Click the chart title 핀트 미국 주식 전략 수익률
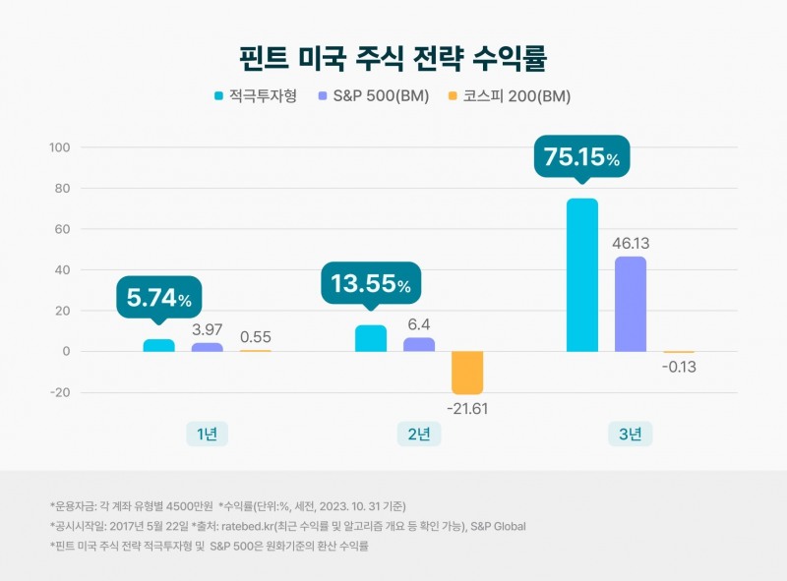coord(393,55)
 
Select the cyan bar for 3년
coord(582,274)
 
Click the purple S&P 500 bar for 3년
coord(631,304)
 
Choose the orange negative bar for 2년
coord(467,373)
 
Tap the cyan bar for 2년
coord(370,338)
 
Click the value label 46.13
coord(631,243)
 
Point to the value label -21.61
coord(467,408)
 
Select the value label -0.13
coord(679,367)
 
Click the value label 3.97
coord(207,329)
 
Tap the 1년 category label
coord(207,434)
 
